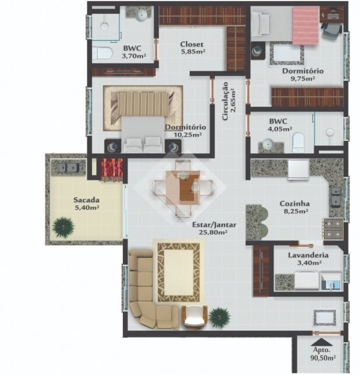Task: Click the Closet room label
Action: pos(192,44)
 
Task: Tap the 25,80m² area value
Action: pos(213,232)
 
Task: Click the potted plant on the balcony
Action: pos(63,227)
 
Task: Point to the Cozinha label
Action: pos(295,204)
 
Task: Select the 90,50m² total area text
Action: pos(323,358)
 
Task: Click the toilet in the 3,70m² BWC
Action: pos(102,53)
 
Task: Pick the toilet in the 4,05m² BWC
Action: pos(298,142)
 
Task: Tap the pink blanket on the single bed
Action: pos(306,25)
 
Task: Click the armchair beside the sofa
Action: pos(194,317)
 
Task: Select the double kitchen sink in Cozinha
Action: pos(336,197)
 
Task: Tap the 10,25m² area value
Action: pos(187,135)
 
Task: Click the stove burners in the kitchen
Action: pos(333,229)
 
